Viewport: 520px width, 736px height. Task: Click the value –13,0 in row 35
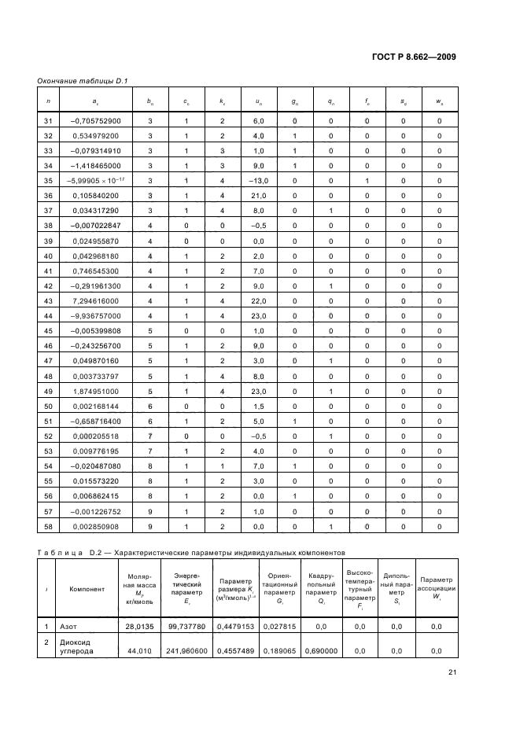(x=259, y=180)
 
